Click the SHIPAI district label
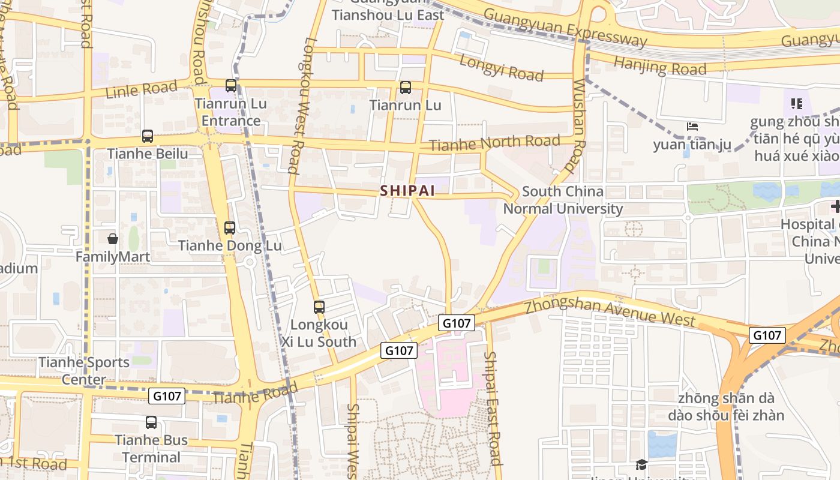[x=407, y=190]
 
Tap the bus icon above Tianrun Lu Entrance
[x=231, y=86]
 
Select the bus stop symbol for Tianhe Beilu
[x=148, y=136]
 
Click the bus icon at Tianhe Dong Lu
[x=230, y=228]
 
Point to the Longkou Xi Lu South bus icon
[x=319, y=307]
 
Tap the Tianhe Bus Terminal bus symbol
[x=151, y=422]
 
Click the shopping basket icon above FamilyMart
[x=113, y=239]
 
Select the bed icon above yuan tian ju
[x=692, y=127]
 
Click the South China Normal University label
[x=563, y=200]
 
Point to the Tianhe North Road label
[x=494, y=143]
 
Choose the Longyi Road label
[x=502, y=67]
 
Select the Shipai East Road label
[x=493, y=408]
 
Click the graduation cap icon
[x=641, y=465]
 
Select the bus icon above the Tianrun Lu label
[x=406, y=88]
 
